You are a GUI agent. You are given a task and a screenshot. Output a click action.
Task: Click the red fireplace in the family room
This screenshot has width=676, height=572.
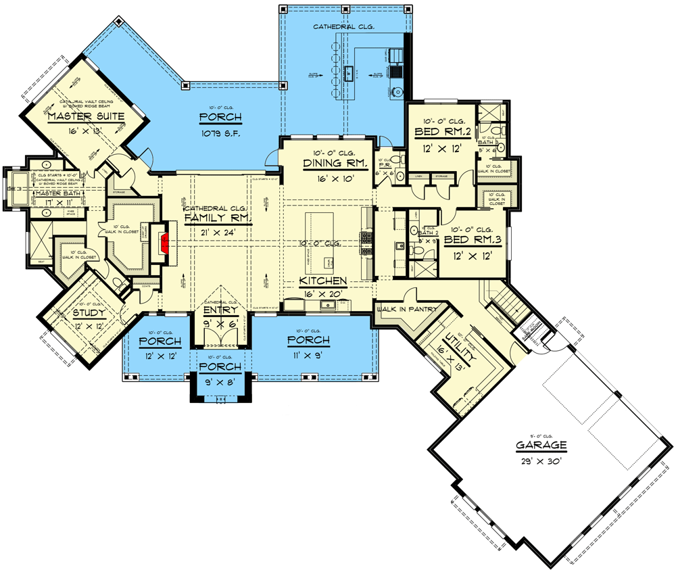pyautogui.click(x=163, y=241)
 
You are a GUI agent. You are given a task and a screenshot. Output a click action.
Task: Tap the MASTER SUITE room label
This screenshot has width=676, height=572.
pyautogui.click(x=86, y=117)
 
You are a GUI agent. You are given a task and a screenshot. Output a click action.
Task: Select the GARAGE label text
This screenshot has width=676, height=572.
pyautogui.click(x=541, y=446)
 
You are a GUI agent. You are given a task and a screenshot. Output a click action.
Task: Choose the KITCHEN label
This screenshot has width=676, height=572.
pyautogui.click(x=324, y=281)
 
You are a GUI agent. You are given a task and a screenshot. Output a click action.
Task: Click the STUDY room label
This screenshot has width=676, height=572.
pyautogui.click(x=89, y=313)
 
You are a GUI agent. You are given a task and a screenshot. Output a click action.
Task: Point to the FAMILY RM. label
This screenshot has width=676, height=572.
pyautogui.click(x=218, y=218)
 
